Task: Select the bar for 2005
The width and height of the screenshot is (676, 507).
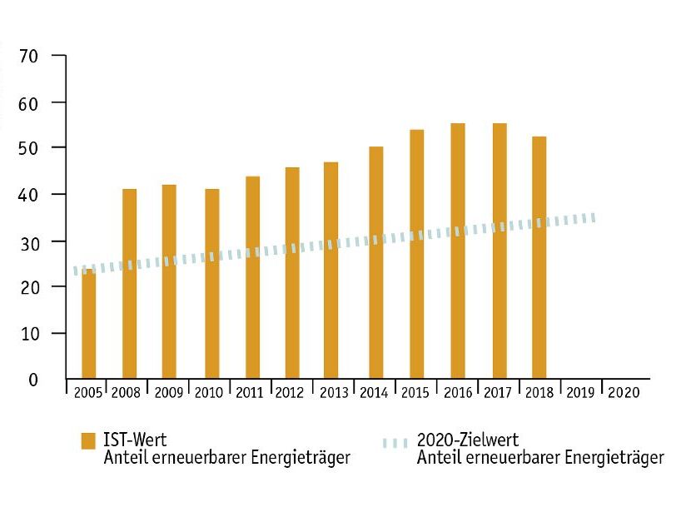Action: click(88, 325)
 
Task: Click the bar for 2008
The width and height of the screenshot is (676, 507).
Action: click(129, 283)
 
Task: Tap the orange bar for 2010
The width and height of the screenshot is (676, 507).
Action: click(211, 283)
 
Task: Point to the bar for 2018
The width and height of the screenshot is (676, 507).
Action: click(539, 258)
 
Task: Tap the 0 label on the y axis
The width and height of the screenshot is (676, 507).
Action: click(34, 380)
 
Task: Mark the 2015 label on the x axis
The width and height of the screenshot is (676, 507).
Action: click(415, 391)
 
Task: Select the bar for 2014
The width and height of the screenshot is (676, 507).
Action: click(375, 262)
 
